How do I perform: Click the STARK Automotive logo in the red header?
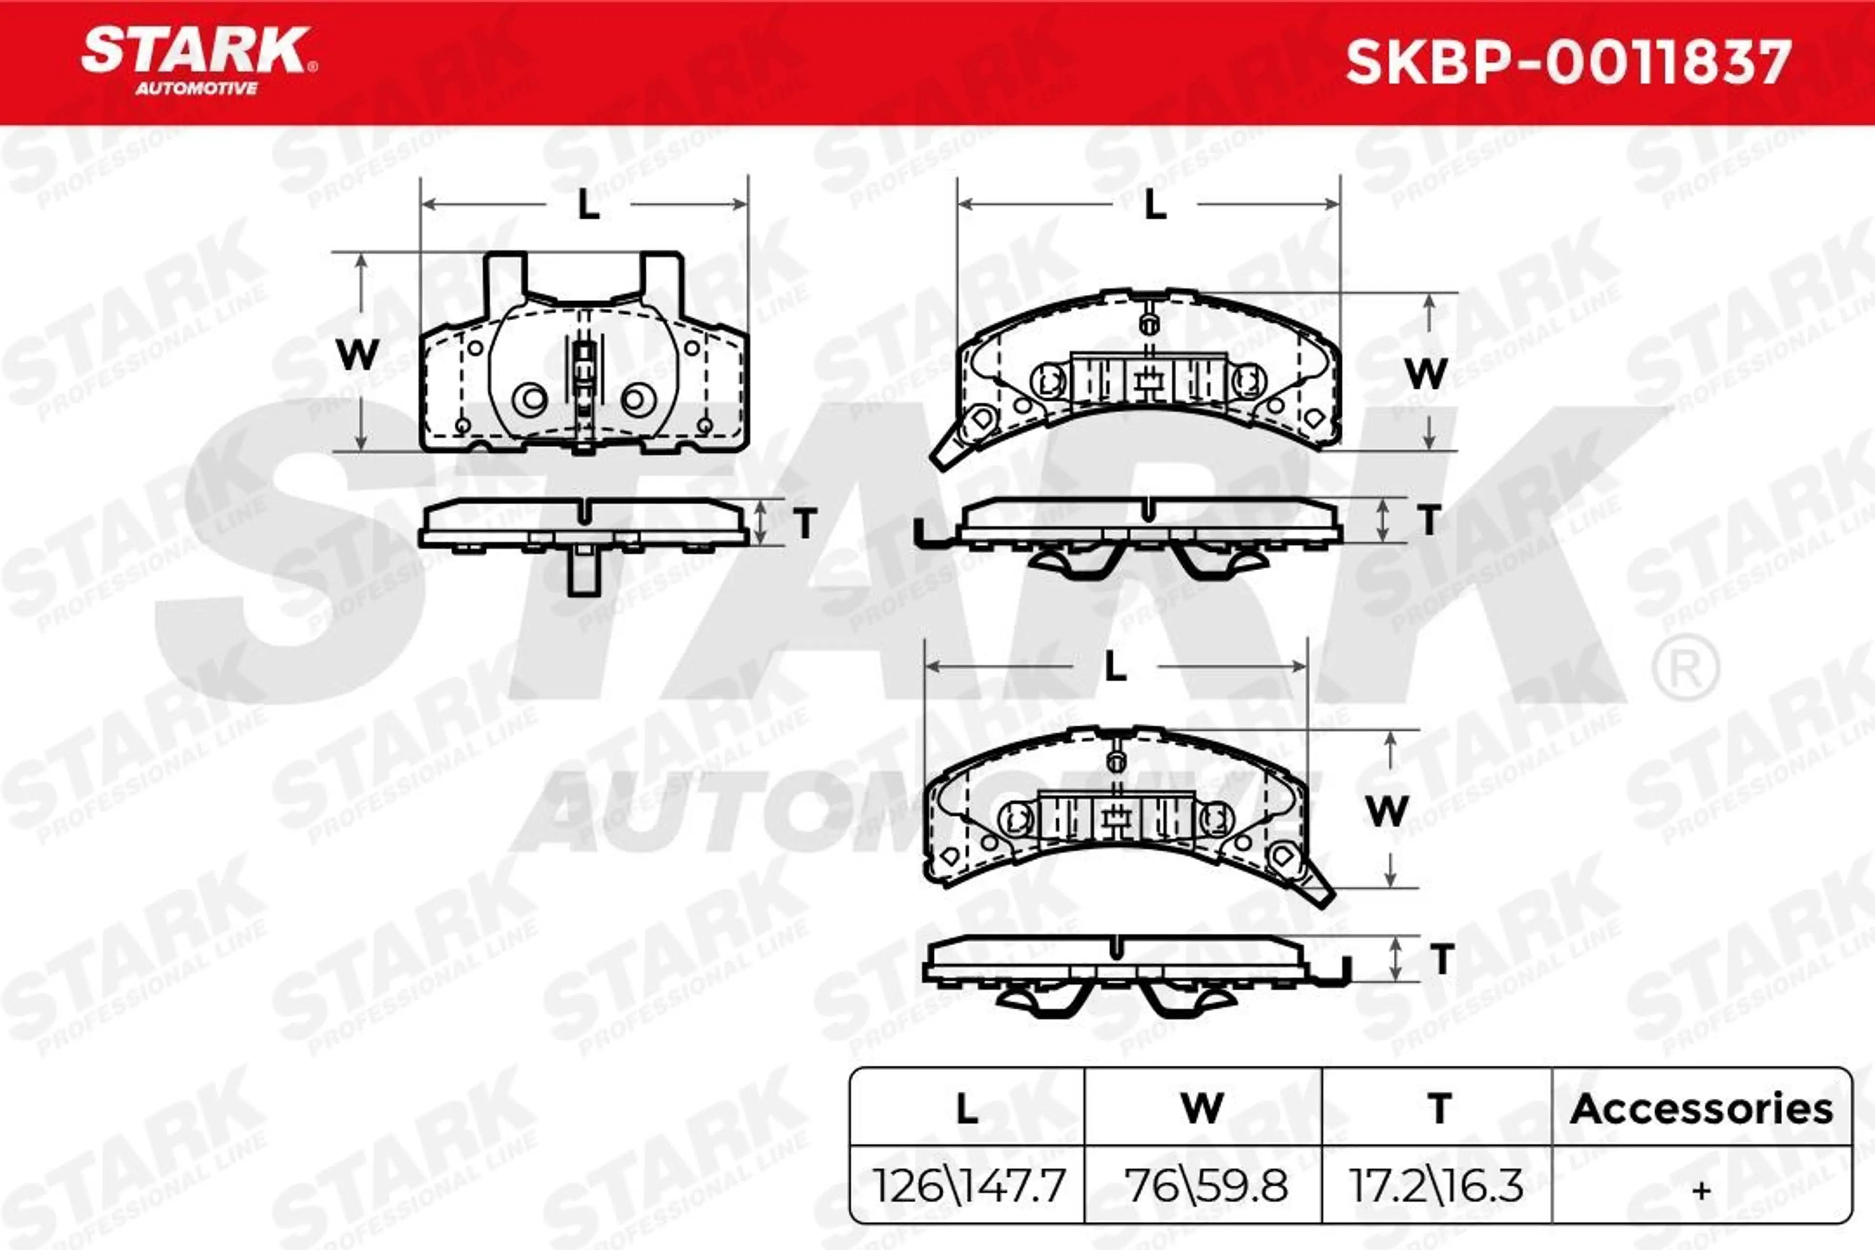(199, 61)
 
